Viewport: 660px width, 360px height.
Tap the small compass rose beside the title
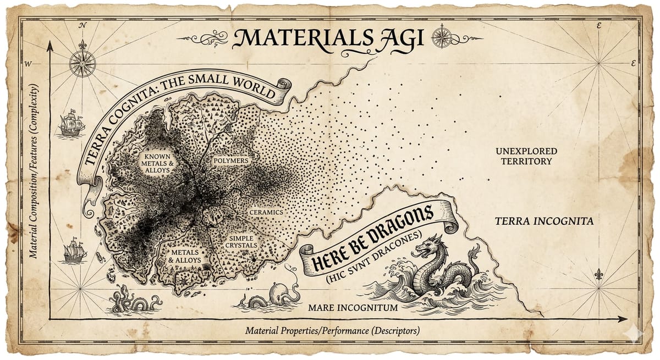tap(441, 37)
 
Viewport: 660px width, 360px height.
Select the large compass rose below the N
tap(82, 63)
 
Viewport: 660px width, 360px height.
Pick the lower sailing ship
tap(75, 251)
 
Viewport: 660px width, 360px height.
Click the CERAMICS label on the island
tap(266, 212)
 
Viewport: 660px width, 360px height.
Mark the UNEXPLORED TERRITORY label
tap(526, 156)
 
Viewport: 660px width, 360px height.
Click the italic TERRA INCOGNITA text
tap(544, 222)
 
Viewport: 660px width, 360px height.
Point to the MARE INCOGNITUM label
tap(353, 308)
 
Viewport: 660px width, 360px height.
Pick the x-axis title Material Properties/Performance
tap(332, 331)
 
